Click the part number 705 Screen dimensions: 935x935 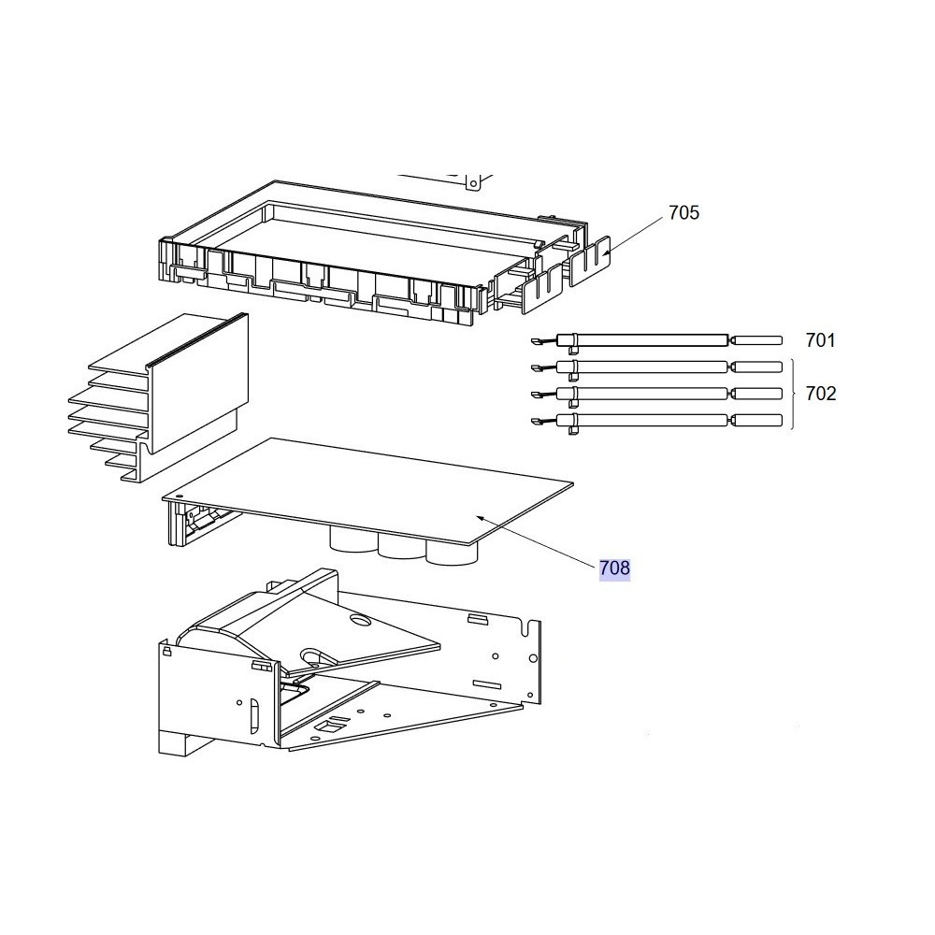[683, 213]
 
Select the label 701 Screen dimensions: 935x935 [821, 340]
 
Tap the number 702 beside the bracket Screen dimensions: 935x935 [821, 394]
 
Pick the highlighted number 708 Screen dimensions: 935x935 [615, 568]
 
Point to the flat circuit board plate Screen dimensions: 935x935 [367, 490]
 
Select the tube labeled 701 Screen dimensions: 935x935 [656, 340]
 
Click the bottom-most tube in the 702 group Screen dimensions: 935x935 [656, 421]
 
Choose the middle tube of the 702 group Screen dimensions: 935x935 [656, 394]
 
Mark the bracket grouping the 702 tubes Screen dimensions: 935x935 [793, 394]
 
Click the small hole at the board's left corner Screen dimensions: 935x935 [178, 495]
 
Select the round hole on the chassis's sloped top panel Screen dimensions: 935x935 [361, 621]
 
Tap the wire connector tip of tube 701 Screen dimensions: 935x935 [536, 341]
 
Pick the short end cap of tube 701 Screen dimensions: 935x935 [756, 340]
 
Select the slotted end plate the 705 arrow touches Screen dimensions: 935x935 [590, 261]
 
